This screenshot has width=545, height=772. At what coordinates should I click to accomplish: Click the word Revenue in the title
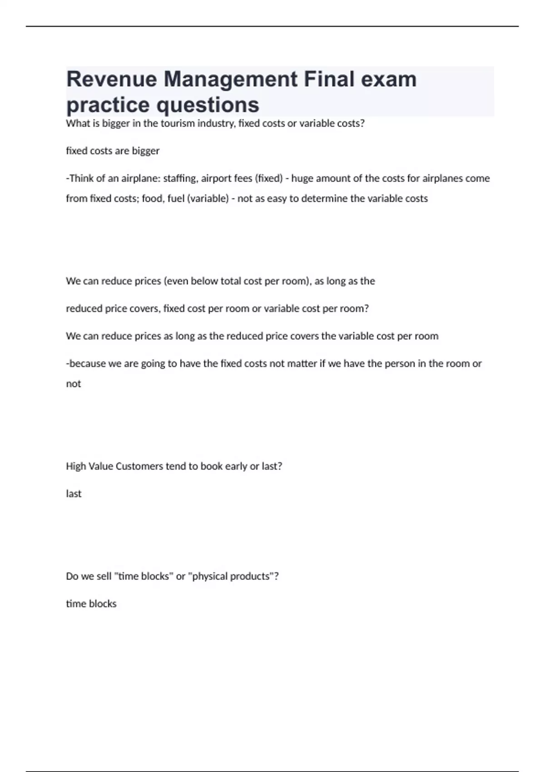pyautogui.click(x=111, y=79)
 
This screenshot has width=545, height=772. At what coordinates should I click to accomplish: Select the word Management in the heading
pyautogui.click(x=230, y=80)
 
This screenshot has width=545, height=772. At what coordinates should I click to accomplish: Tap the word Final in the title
pyautogui.click(x=329, y=79)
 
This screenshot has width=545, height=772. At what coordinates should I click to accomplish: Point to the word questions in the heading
pyautogui.click(x=208, y=105)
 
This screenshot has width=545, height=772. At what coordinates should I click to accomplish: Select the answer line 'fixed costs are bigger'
pyautogui.click(x=113, y=151)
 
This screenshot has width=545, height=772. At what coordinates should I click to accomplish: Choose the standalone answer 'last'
pyautogui.click(x=74, y=494)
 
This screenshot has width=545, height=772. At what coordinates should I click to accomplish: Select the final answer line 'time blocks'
pyautogui.click(x=91, y=604)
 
